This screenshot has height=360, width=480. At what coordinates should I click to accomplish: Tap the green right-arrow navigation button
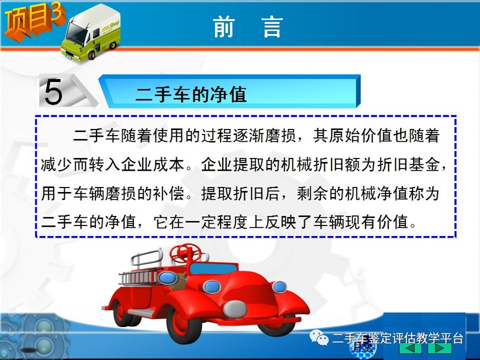click(x=439, y=348)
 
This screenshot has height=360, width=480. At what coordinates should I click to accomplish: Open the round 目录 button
click(x=363, y=348)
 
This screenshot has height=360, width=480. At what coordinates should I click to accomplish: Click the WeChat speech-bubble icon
click(x=319, y=337)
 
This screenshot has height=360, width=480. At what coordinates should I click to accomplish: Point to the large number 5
click(x=53, y=91)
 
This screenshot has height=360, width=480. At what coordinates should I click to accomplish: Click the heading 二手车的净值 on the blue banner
click(x=191, y=94)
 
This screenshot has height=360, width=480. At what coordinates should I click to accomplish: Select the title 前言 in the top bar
click(x=248, y=27)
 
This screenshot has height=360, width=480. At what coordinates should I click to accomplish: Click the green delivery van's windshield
click(x=76, y=32)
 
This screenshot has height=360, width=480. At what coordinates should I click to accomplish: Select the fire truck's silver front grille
click(x=235, y=309)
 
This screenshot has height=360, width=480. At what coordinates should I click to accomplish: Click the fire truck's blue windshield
click(x=213, y=268)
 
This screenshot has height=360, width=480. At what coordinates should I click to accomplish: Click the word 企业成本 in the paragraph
click(x=152, y=165)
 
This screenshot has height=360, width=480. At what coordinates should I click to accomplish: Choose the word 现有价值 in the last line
click(x=377, y=222)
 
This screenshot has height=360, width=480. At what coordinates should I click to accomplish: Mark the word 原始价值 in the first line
click(x=361, y=136)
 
